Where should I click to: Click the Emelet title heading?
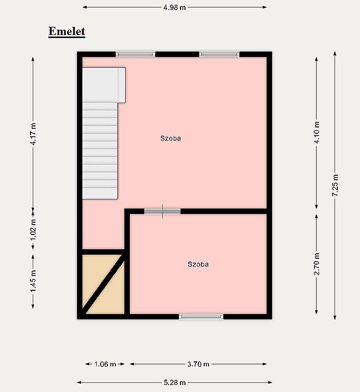tap(67, 32)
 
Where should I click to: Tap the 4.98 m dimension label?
tap(175, 7)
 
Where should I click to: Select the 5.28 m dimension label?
tap(175, 383)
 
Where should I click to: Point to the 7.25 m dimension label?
tap(335, 185)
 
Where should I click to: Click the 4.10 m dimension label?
tap(317, 132)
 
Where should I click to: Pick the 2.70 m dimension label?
tap(317, 264)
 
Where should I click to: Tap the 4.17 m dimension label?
tap(33, 134)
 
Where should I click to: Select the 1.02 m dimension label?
tap(33, 230)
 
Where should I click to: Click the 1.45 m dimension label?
tap(33, 281)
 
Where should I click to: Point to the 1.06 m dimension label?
tap(105, 364)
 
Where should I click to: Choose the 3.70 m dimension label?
tap(198, 364)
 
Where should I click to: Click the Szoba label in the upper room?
tap(171, 138)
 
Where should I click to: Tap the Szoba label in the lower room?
tap(198, 264)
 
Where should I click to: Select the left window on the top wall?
tap(136, 54)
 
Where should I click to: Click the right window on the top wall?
tap(219, 54)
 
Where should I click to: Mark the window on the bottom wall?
tap(201, 317)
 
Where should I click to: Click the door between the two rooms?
tap(162, 211)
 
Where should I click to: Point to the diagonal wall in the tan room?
tap(104, 284)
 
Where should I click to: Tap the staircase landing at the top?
tap(104, 85)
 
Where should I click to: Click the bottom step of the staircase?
tap(100, 194)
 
